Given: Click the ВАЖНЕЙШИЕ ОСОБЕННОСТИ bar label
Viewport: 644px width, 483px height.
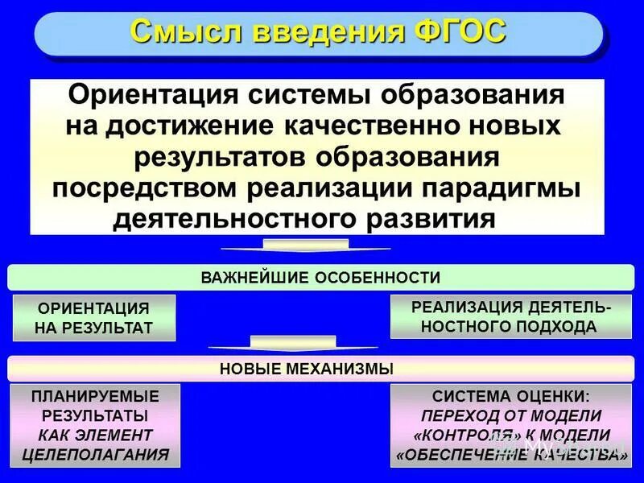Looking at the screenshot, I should click(x=320, y=278).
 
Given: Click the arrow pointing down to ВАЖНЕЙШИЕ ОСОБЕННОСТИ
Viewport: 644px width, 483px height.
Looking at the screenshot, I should click(x=305, y=246).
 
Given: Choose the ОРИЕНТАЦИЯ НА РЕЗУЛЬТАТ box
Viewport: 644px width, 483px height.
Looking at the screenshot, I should click(x=94, y=318).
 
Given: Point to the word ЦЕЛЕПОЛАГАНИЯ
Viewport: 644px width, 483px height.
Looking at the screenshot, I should click(x=95, y=454).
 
